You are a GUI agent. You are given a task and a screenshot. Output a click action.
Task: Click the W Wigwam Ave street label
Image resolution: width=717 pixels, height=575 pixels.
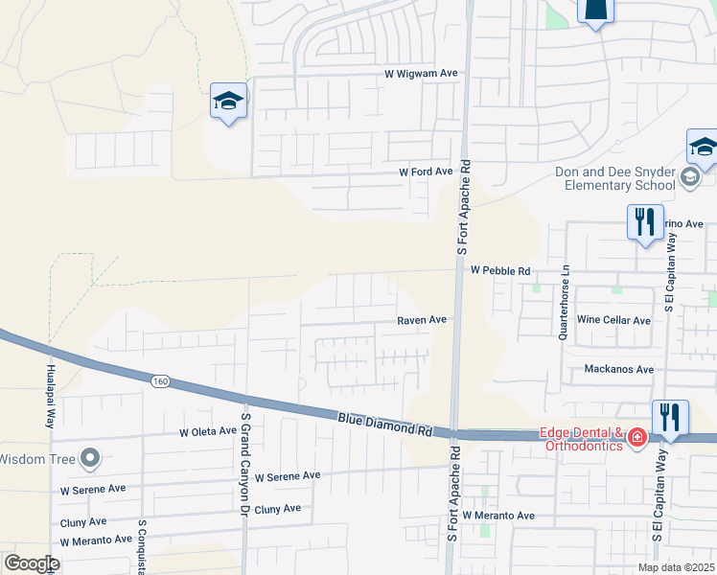coord(422,73)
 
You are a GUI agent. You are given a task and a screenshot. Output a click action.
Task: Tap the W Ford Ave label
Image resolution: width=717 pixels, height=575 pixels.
coord(426,172)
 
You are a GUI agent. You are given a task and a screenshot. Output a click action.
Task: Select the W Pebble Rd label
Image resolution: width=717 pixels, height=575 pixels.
coord(500,271)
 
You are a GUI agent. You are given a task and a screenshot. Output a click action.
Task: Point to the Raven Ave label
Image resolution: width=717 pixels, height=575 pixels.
coord(423,320)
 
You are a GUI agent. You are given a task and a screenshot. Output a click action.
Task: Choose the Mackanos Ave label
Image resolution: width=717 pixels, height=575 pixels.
coord(618,369)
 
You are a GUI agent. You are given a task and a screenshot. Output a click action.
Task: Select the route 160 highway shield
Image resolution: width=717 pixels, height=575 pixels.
coord(160,381)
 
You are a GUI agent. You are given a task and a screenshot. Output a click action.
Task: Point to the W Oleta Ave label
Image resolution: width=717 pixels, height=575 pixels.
coord(207,431)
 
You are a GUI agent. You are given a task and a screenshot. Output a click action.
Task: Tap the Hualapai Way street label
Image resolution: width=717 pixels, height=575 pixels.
coord(50,395)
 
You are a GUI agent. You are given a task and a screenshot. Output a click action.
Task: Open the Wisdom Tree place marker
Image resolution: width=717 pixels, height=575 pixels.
coord(90,458)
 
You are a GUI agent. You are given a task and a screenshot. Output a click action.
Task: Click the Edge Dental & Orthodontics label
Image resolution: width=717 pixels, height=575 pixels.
coord(583,438)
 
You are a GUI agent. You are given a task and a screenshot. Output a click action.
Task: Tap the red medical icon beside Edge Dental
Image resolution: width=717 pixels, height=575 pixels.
coord(636,438)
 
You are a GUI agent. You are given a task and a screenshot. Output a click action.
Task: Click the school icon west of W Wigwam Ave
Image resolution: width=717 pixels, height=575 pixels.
coord(229,100)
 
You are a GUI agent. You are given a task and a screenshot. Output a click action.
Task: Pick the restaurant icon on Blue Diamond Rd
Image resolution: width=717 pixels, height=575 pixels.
coord(670,418)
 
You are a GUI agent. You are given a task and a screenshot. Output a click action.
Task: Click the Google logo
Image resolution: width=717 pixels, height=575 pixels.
coord(32,563)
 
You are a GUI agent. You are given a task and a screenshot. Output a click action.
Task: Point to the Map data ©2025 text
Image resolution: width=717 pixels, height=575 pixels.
coord(675,567)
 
